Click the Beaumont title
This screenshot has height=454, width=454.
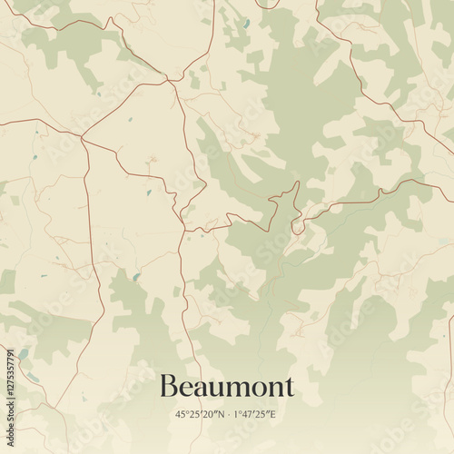click(x=227, y=387)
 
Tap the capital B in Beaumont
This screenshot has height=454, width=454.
click(x=169, y=387)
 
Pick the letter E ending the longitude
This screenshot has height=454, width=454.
click(x=273, y=414)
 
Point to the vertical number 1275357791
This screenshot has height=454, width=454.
click(x=10, y=380)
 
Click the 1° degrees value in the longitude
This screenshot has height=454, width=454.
click(x=238, y=414)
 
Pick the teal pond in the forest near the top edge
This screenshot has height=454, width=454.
click(x=245, y=24)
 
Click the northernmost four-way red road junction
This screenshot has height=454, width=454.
click(x=169, y=81)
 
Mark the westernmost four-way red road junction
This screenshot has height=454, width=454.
click(x=82, y=137)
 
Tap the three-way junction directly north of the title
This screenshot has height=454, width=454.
click(x=183, y=231)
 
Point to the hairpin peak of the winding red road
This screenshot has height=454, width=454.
click(x=297, y=183)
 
